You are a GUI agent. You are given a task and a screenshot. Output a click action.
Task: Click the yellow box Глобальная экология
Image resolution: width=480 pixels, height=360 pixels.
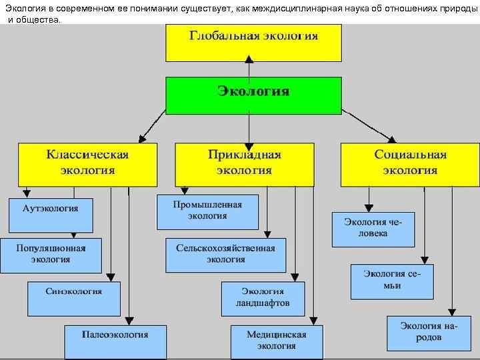[x=253, y=43]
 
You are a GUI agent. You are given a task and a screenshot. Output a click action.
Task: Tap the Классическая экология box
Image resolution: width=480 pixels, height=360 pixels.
[x=87, y=163]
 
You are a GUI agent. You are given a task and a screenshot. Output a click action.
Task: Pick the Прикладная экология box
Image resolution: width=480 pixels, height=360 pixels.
[x=245, y=163]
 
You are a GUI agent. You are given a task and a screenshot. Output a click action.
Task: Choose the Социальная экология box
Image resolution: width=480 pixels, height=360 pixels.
[x=409, y=163]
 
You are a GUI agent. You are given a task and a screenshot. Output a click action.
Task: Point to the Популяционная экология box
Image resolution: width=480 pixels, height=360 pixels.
[x=51, y=255]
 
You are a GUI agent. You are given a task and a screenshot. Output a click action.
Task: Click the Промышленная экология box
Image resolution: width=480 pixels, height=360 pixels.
[x=207, y=211]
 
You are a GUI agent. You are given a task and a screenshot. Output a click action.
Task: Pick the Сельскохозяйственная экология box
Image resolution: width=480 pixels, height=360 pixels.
[x=225, y=254]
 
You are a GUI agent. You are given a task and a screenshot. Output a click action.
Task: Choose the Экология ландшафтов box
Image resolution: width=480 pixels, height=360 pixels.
[x=263, y=297]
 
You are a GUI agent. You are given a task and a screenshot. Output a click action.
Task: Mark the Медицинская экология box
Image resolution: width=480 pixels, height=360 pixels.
[x=276, y=341]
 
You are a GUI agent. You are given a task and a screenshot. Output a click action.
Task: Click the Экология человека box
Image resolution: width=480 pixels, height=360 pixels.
[x=373, y=229]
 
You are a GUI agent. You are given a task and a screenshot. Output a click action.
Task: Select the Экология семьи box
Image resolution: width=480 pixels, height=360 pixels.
[x=391, y=280]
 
